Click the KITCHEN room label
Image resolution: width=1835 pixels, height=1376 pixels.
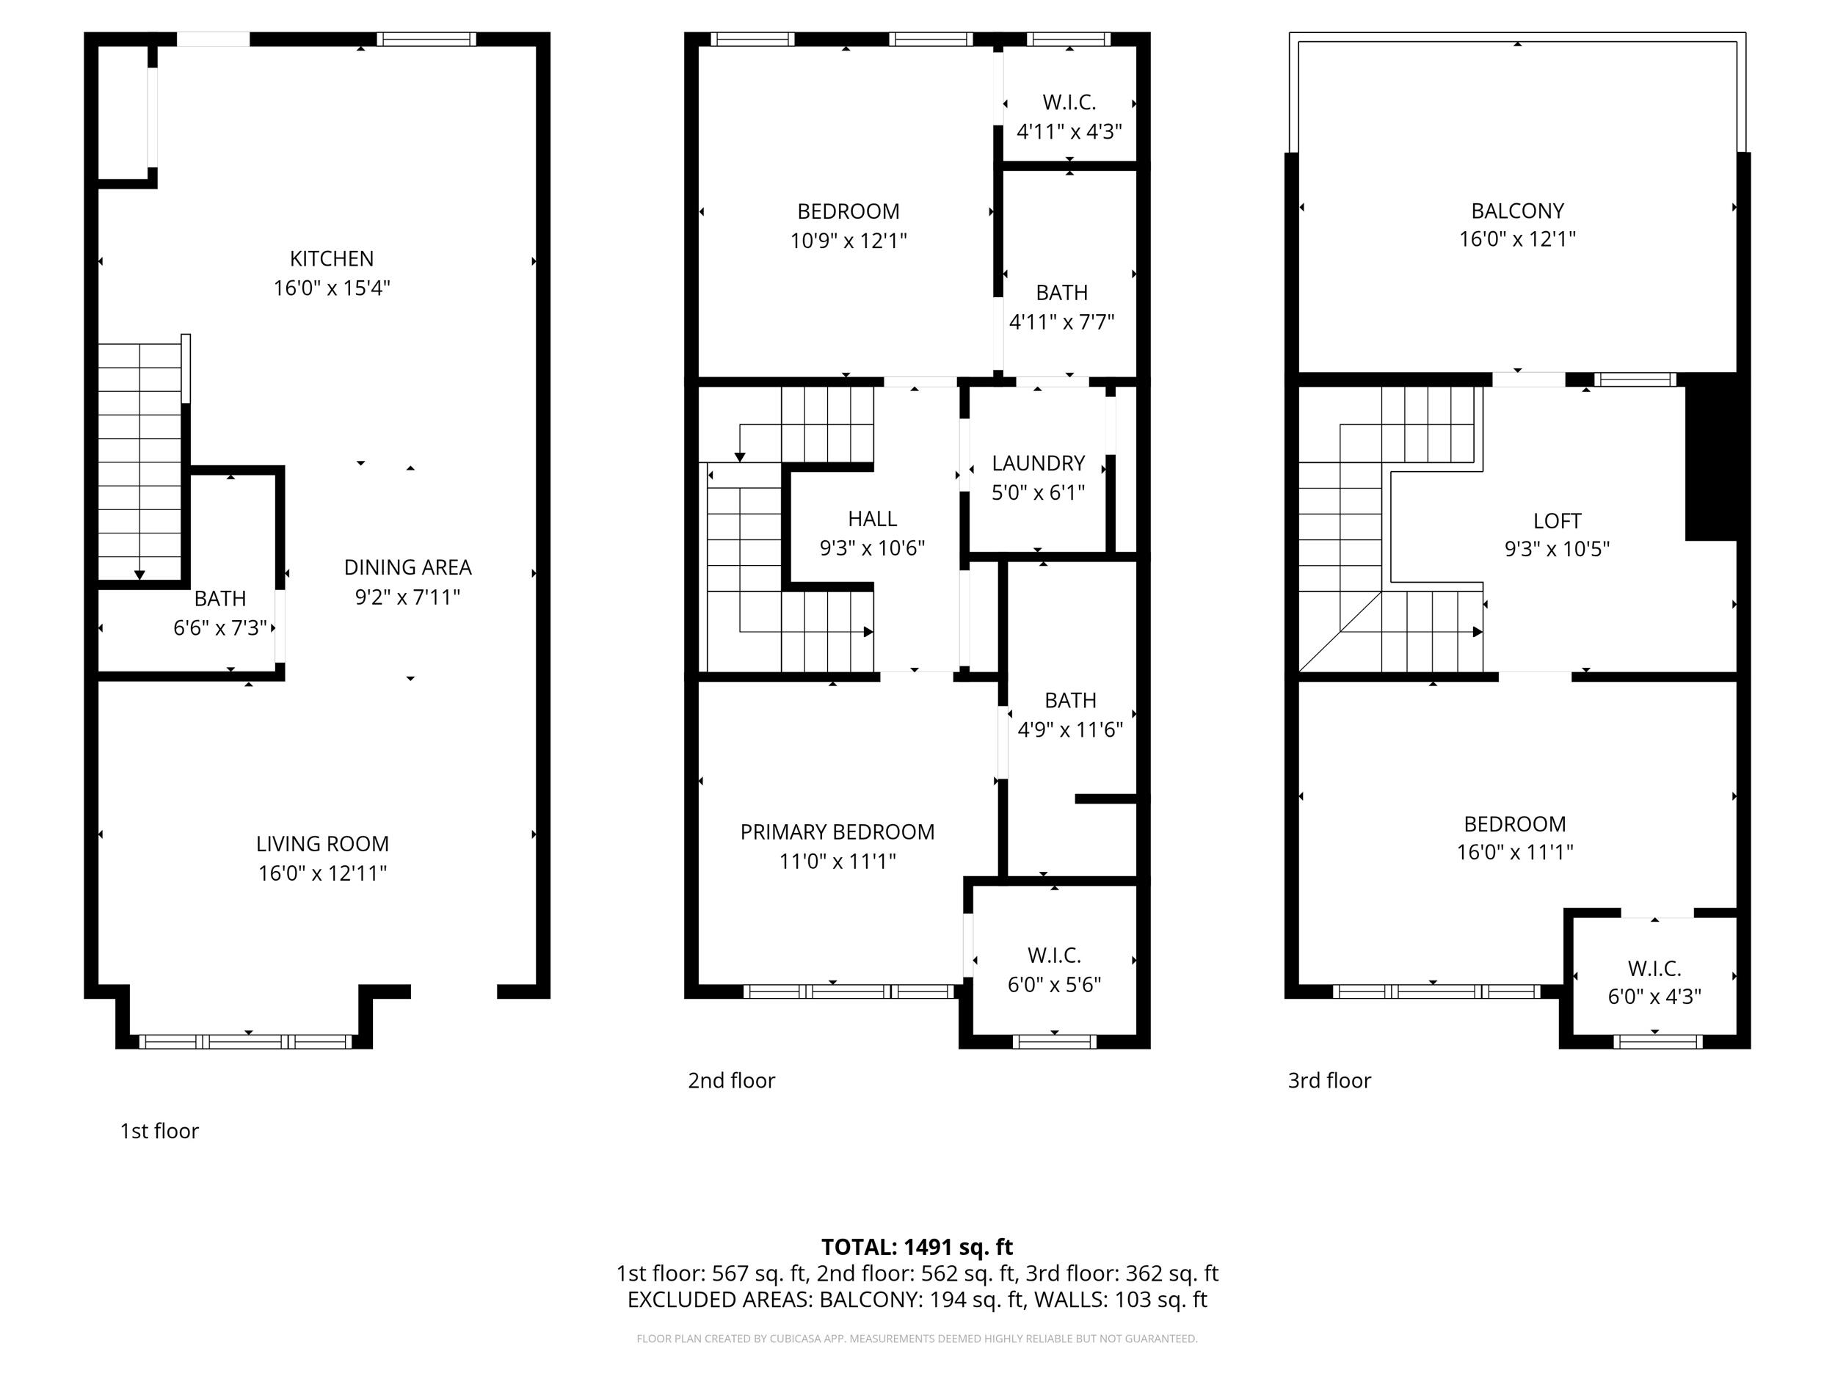pos(331,259)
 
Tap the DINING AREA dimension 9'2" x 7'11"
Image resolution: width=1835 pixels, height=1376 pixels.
pos(407,597)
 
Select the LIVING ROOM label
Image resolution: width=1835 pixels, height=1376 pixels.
pos(322,843)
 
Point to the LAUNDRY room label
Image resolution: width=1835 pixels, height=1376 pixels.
pos(1038,463)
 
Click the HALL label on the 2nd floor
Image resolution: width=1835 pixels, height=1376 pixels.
pos(872,518)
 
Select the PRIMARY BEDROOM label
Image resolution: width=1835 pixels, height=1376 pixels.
pos(837,832)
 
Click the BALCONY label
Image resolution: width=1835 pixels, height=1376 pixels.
pos(1517,211)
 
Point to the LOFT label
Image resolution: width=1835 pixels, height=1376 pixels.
pos(1557,521)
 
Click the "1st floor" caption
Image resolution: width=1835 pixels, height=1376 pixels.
pos(159,1132)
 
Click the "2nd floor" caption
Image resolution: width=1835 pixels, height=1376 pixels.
pos(731,1081)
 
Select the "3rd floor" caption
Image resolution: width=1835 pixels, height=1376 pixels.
pos(1329,1081)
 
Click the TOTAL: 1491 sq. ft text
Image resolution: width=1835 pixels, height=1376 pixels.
pos(917,1247)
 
